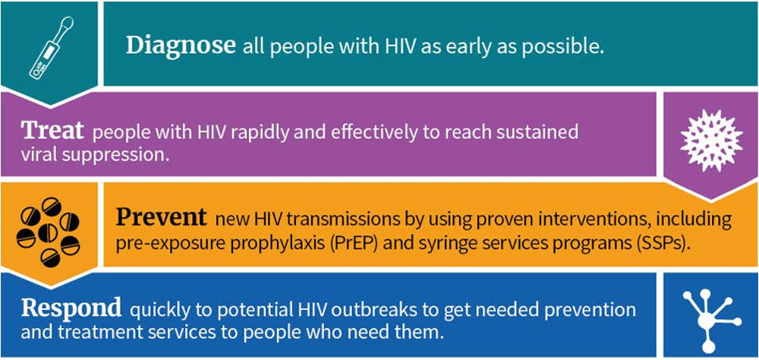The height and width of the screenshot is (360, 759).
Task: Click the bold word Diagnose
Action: (181, 46)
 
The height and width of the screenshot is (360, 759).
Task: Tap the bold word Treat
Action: (53, 131)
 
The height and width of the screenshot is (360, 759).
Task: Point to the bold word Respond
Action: (71, 308)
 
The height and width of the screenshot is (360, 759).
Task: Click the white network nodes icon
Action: (710, 320)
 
